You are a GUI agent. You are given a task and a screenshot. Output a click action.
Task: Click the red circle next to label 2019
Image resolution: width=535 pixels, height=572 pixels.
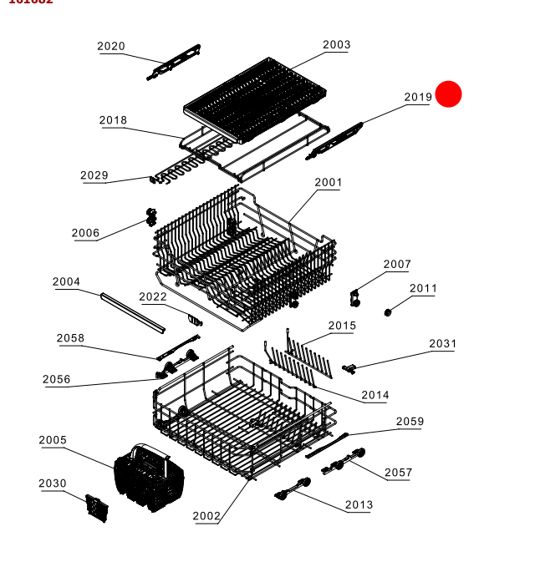[x=449, y=94]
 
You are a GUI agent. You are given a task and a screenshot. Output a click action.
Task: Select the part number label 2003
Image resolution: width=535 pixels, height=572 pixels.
[x=336, y=45]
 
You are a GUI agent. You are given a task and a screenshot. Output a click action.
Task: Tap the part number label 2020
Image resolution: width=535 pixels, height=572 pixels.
[x=111, y=47]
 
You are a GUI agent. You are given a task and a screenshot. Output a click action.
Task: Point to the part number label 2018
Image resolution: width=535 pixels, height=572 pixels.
[x=113, y=120]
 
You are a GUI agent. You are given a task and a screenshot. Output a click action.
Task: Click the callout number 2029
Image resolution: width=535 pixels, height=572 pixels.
[x=94, y=175]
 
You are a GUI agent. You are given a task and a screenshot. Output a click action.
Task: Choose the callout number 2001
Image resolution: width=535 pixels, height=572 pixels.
[x=329, y=182]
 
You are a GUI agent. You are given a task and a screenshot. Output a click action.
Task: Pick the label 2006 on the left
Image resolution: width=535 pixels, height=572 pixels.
[x=85, y=233]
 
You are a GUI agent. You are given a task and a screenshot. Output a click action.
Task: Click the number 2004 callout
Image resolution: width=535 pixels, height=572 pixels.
[x=66, y=282]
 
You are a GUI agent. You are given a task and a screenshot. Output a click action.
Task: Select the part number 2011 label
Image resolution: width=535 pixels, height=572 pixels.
[x=423, y=289]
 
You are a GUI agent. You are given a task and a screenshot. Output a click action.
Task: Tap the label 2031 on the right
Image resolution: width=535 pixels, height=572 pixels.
[x=443, y=344]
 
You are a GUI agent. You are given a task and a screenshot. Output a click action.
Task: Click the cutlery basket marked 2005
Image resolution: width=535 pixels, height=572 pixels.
[x=140, y=476]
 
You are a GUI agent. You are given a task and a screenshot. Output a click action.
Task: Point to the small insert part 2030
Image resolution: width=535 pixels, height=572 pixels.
[x=97, y=508]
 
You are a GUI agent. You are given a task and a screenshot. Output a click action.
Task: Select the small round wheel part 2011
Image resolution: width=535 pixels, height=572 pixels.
[x=388, y=312]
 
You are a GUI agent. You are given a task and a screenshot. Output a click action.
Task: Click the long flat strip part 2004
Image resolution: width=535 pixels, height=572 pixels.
[x=132, y=311]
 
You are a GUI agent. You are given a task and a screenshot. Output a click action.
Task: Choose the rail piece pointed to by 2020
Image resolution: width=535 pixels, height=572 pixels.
[x=175, y=64]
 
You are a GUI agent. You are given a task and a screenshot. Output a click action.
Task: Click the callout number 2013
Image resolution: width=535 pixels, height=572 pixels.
[x=359, y=505]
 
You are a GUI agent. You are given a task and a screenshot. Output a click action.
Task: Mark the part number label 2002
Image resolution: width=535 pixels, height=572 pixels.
[x=206, y=516]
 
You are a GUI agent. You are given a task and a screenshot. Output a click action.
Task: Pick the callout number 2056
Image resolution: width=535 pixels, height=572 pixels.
[x=57, y=380]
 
